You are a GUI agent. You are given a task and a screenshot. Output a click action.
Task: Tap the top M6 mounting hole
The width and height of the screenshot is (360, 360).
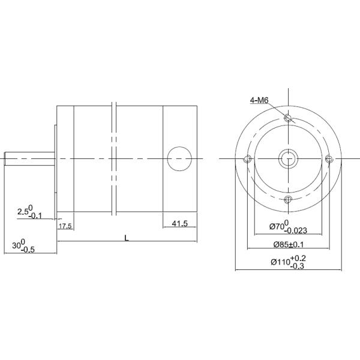coord(289,118)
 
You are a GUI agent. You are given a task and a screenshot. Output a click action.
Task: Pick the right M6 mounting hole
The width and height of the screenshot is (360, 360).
coord(328,159)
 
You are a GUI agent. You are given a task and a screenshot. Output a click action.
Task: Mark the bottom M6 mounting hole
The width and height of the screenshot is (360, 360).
coord(289,199)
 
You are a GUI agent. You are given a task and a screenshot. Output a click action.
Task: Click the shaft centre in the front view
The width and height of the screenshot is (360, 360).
coord(289,159)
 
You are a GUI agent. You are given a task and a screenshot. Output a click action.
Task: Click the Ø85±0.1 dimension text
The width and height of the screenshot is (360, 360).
coord(289,245)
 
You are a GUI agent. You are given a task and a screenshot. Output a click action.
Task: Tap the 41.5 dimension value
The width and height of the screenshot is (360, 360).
coord(180,223)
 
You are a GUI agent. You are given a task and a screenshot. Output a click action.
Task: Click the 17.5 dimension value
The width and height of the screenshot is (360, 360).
coord(65,226)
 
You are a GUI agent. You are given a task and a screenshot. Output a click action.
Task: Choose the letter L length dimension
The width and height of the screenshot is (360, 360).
coord(126,238)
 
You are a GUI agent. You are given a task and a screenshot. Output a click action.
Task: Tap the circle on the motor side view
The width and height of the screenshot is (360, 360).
coord(178,159)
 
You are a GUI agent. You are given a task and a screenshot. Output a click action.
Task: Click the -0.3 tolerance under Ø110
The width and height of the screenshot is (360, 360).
coord(298,266)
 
